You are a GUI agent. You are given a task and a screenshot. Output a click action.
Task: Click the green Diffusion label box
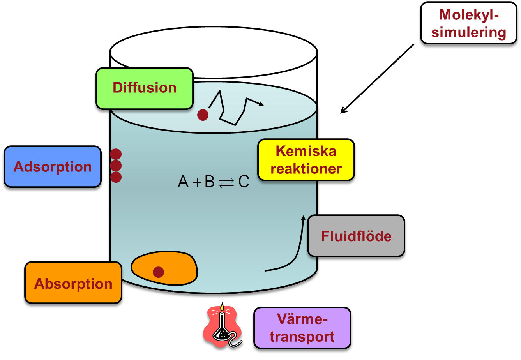tap(145, 88)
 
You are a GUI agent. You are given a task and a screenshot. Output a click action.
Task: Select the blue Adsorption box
tap(52, 167)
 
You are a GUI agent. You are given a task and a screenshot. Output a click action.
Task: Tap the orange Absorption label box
tap(73, 284)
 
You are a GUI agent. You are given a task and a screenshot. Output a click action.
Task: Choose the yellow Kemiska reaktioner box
tap(306, 160)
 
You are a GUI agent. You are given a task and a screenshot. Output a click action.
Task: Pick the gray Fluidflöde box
tap(356, 236)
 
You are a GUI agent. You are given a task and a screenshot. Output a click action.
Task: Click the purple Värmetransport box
tap(302, 328)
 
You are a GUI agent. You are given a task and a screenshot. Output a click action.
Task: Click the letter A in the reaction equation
tap(183, 182)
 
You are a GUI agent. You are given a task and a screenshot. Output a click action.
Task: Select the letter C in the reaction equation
tap(244, 182)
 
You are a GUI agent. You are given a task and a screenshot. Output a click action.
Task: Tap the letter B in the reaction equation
tap(210, 182)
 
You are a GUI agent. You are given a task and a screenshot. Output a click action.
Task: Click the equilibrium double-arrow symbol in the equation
tap(226, 183)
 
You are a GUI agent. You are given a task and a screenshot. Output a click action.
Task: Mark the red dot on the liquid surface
tap(203, 115)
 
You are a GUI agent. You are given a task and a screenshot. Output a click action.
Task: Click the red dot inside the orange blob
tap(158, 272)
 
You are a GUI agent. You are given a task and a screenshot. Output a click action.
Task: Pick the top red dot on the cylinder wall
tap(116, 154)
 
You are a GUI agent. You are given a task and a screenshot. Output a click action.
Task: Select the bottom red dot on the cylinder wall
tap(116, 177)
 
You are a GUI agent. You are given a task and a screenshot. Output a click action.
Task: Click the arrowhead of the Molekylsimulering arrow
tap(342, 112)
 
